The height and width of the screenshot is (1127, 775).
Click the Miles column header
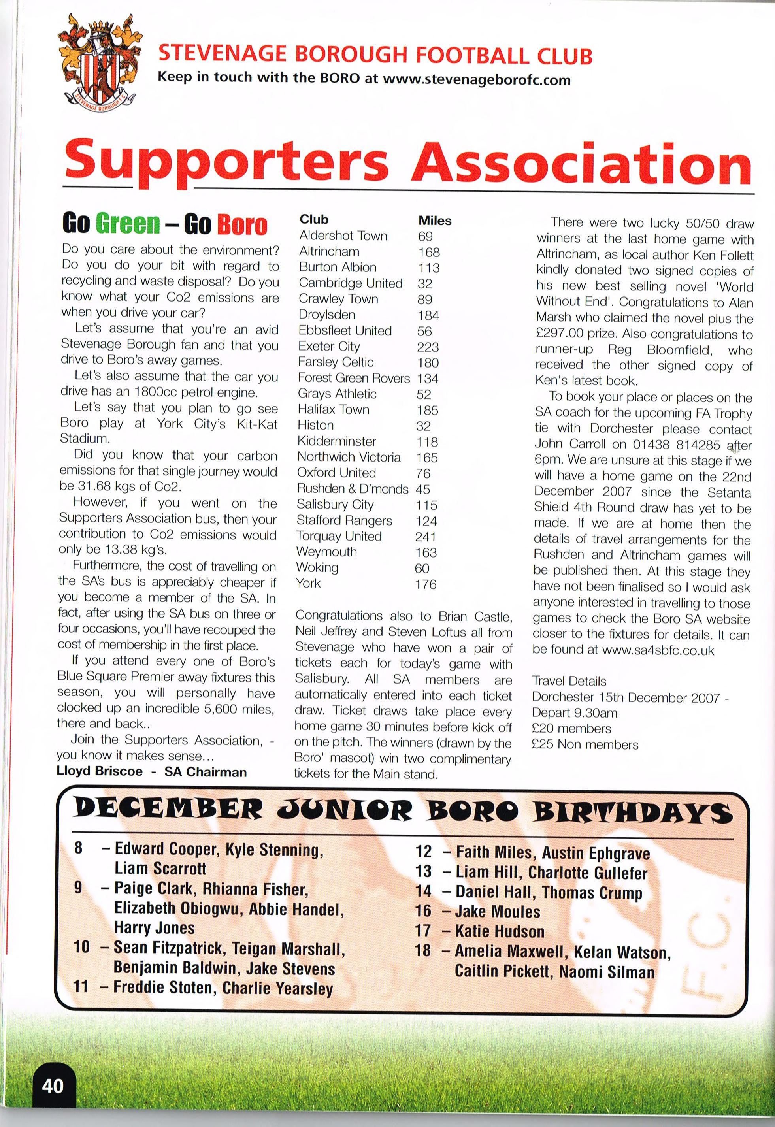coord(435,221)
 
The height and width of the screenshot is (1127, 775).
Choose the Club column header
coord(314,219)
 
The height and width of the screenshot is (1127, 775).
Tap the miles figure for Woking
coord(422,568)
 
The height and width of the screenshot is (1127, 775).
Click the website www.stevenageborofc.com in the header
coord(476,80)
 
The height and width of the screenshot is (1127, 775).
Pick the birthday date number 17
coord(423,931)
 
